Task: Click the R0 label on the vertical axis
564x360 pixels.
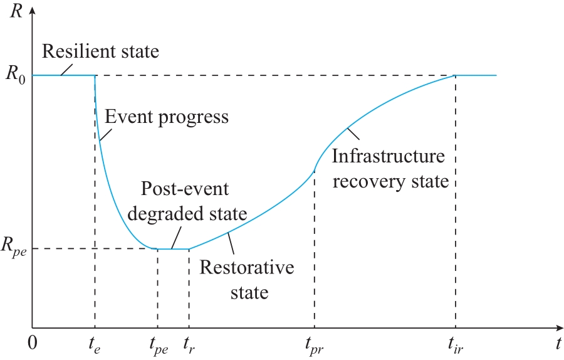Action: tap(16, 75)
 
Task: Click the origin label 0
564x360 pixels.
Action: tap(33, 343)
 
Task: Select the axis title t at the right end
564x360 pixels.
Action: tap(558, 343)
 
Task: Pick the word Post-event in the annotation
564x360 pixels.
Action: tap(184, 189)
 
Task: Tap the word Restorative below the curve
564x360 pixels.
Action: tap(247, 267)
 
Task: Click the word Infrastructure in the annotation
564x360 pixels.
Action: tap(388, 156)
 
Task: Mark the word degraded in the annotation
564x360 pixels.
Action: tap(164, 214)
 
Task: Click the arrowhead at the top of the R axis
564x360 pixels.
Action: tap(33, 10)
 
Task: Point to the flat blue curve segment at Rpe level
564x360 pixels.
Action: tap(173, 249)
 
